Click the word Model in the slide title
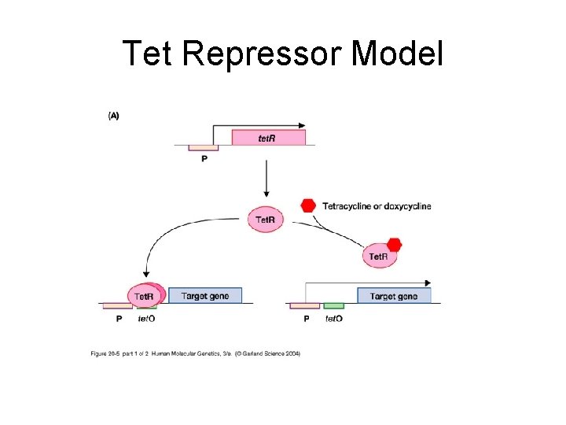point(398,54)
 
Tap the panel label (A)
point(114,116)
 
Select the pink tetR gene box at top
point(268,138)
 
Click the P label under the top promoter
point(204,159)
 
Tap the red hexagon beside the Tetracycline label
point(308,206)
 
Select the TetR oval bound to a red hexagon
point(379,256)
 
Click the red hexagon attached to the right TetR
point(394,244)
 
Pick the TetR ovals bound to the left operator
point(144,295)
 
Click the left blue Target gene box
point(205,296)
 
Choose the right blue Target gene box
point(394,296)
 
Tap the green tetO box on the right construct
point(334,305)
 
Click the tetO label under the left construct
point(146,319)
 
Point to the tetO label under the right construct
point(334,319)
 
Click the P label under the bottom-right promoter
point(307,319)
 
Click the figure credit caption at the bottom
point(196,353)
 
